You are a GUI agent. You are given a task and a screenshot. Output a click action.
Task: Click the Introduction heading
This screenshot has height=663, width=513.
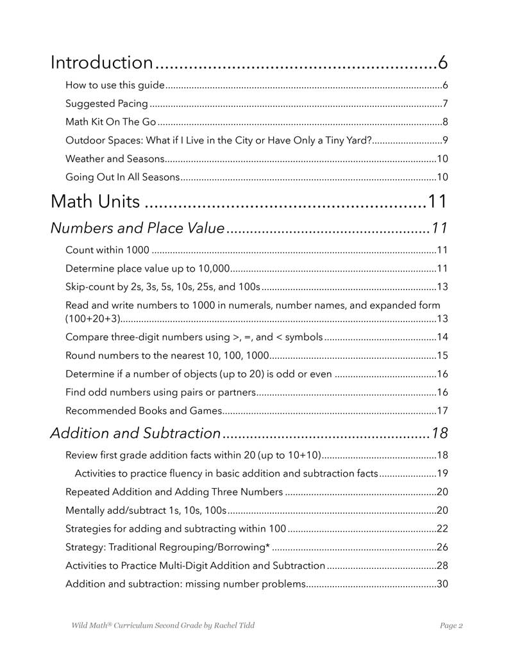pyautogui.click(x=101, y=63)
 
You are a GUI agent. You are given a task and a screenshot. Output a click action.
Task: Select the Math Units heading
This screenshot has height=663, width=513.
pyautogui.click(x=95, y=202)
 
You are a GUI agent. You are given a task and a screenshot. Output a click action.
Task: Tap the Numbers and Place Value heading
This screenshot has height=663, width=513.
pyautogui.click(x=137, y=228)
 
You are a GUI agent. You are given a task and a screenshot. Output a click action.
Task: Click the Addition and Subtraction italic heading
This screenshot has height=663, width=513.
pyautogui.click(x=135, y=434)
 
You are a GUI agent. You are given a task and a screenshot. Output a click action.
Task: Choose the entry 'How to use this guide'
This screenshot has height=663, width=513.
pyautogui.click(x=115, y=86)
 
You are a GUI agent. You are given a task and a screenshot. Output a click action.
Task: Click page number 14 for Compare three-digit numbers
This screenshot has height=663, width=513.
pyautogui.click(x=442, y=337)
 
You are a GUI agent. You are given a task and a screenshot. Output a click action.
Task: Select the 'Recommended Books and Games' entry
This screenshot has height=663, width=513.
pyautogui.click(x=144, y=411)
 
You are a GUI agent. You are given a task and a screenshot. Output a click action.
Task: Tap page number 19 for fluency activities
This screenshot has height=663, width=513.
pyautogui.click(x=442, y=474)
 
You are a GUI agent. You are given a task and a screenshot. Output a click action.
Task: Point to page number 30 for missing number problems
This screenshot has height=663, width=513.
pyautogui.click(x=442, y=584)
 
